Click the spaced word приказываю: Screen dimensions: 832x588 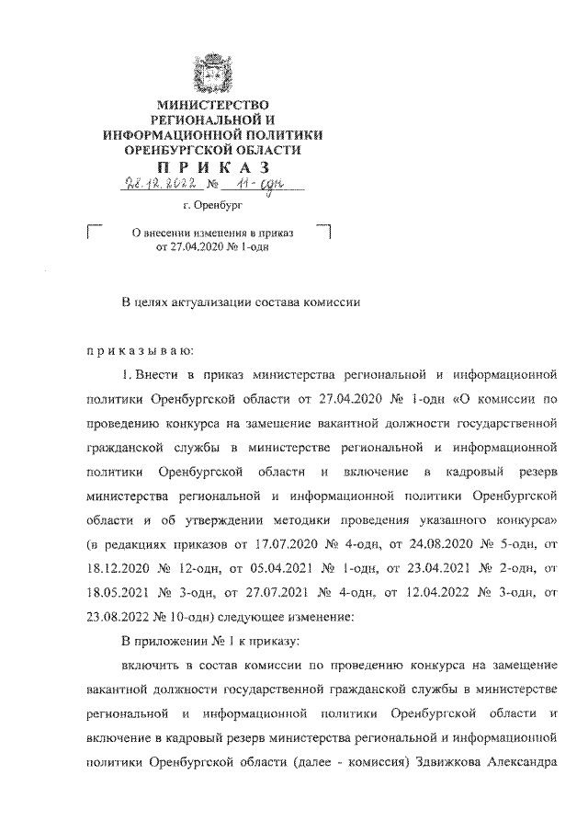pyautogui.click(x=133, y=351)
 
